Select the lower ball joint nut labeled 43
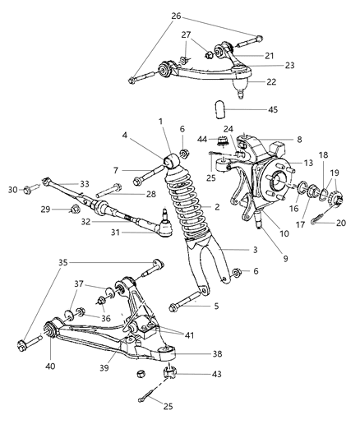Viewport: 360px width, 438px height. click(172, 376)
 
